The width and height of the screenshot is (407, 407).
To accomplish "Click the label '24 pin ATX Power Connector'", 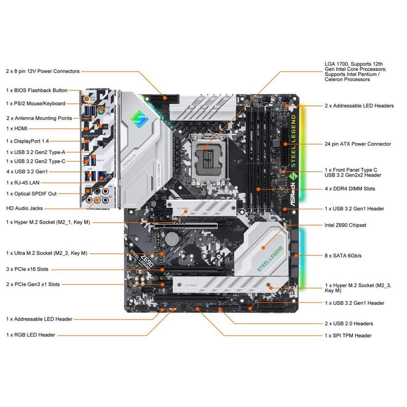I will click(x=358, y=144).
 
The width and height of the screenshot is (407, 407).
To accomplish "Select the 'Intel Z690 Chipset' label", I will click(x=346, y=225).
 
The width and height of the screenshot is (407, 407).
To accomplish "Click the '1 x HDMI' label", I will click(x=17, y=128).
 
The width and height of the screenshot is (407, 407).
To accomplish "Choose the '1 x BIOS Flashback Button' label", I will click(x=37, y=90).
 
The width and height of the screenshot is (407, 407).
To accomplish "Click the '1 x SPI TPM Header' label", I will click(x=348, y=335).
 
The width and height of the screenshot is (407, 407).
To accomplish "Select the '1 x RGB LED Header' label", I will click(x=31, y=335).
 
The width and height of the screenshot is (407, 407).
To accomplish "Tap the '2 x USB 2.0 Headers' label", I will click(x=349, y=323).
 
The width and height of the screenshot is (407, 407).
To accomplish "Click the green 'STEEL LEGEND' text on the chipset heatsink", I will click(x=270, y=258).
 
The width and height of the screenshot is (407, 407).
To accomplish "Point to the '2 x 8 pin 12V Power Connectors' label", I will click(x=43, y=71).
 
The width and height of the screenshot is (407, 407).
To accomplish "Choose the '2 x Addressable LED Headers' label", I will click(x=359, y=105).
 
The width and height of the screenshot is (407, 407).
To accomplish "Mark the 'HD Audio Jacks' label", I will click(x=24, y=208).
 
